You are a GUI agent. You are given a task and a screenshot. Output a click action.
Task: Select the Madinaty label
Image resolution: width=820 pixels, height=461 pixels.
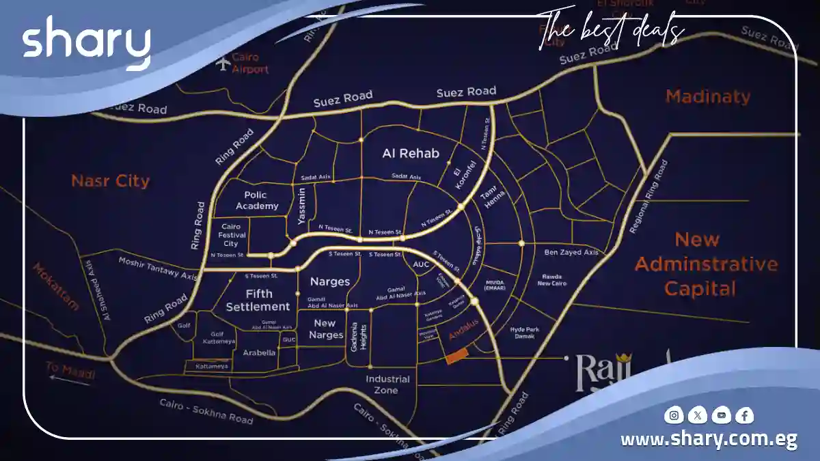(x=707, y=96)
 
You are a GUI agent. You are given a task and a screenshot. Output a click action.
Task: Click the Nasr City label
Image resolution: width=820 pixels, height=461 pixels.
(x=110, y=181)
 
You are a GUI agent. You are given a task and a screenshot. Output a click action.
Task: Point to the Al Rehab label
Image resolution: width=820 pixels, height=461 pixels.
(x=411, y=153)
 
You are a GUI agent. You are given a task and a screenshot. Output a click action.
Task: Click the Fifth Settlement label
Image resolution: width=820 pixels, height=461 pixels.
(x=258, y=300)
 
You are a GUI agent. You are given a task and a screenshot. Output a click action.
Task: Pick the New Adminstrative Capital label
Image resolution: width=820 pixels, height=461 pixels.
(x=706, y=264)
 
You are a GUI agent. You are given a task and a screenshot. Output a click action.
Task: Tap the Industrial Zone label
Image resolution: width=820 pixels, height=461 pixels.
(x=387, y=385)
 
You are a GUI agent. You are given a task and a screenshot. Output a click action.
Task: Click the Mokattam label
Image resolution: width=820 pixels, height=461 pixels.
(x=55, y=287)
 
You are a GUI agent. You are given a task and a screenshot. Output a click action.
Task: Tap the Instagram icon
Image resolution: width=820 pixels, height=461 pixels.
(x=674, y=415)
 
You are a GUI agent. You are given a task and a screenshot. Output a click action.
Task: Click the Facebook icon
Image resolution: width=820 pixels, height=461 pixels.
(x=744, y=415)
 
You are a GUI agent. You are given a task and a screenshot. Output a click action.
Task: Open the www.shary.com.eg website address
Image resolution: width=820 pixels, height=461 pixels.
(x=709, y=439)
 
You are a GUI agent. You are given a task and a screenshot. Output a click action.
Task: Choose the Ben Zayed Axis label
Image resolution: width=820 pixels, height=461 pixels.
(x=571, y=252)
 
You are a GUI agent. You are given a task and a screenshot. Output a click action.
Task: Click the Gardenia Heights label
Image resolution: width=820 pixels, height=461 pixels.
(x=359, y=335)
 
